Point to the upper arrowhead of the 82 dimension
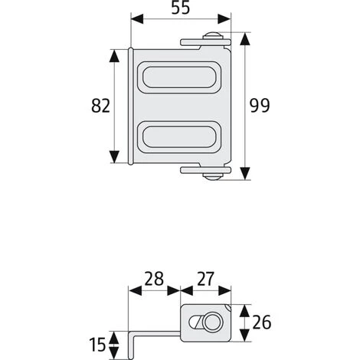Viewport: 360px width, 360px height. (116, 54)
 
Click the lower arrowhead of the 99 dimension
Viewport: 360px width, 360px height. (245, 174)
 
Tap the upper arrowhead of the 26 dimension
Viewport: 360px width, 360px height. (244, 309)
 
